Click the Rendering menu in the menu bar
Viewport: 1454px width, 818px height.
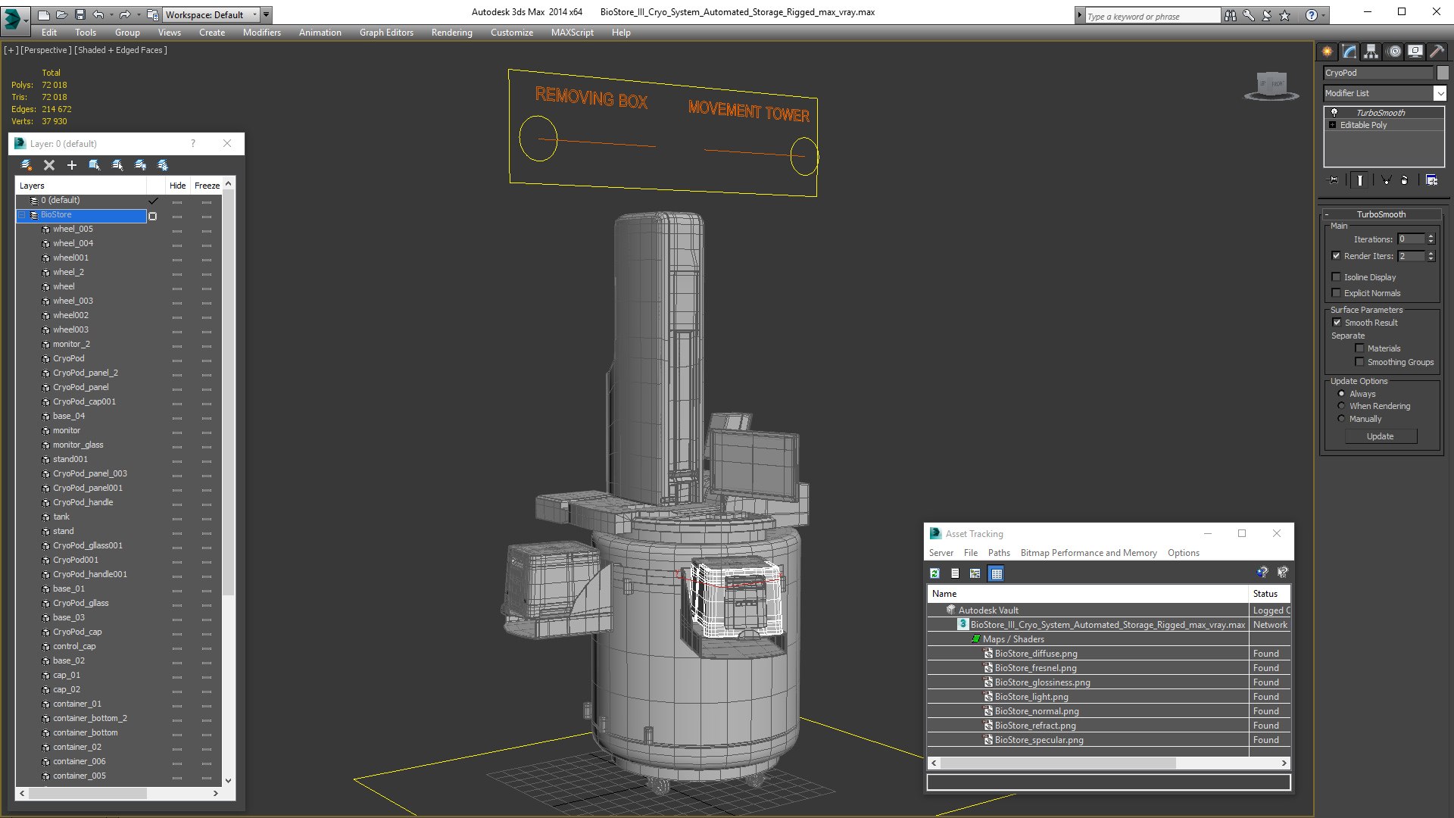point(451,33)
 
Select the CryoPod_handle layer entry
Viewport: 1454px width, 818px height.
point(83,502)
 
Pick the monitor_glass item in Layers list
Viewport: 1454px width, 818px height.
point(78,445)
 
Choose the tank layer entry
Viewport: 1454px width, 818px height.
point(61,517)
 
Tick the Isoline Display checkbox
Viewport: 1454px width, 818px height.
point(1337,277)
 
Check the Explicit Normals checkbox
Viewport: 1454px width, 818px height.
point(1337,293)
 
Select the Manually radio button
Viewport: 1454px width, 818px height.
point(1342,419)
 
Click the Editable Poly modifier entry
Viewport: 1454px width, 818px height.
point(1363,125)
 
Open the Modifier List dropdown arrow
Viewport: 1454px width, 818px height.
point(1440,93)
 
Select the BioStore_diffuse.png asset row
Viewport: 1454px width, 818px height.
point(1035,654)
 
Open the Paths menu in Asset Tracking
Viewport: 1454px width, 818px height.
point(998,553)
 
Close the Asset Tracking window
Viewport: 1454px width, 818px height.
point(1277,533)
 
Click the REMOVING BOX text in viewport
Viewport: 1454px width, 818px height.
point(591,98)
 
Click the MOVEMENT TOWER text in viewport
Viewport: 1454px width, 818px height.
point(748,111)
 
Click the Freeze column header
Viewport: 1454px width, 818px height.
point(207,186)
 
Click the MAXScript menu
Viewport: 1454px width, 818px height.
point(572,33)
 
